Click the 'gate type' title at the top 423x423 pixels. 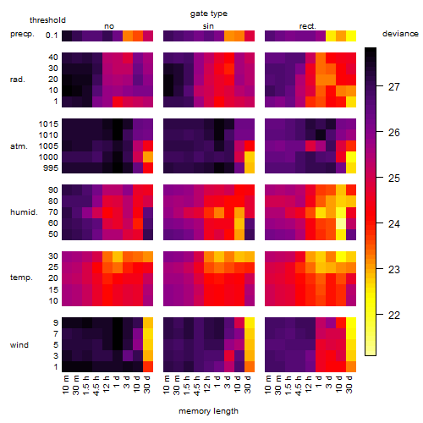point(209,14)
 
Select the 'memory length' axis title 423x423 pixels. point(208,411)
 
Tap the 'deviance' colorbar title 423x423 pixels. point(400,34)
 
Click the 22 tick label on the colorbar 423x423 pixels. point(394,316)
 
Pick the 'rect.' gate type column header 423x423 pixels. point(307,26)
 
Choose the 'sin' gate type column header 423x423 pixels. point(208,26)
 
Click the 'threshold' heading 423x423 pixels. point(47,20)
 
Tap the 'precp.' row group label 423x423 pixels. point(22,34)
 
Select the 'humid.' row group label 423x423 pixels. point(24,212)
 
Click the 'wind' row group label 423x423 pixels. point(19,345)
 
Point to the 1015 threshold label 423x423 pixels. point(48,124)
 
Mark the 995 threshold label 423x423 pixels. point(51,168)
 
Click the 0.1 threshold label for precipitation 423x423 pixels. point(52,36)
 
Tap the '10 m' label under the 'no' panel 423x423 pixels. point(66,385)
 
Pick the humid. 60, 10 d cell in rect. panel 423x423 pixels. point(341,223)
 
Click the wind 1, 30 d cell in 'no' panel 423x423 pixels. point(148,366)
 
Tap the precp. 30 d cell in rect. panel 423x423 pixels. point(351,36)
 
